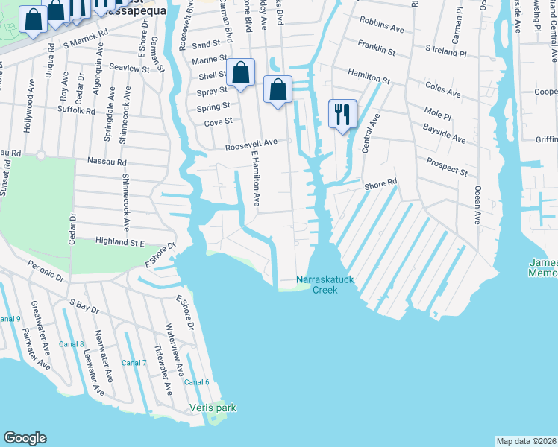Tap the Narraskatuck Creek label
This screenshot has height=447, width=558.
326,285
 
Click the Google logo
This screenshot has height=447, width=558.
25,438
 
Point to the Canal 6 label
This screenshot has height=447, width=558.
197,382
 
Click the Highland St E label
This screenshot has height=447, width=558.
119,241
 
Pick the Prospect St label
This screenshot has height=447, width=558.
447,167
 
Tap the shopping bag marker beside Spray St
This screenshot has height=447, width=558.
241,73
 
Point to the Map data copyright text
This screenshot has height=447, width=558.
526,440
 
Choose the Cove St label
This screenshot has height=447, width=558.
219,121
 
